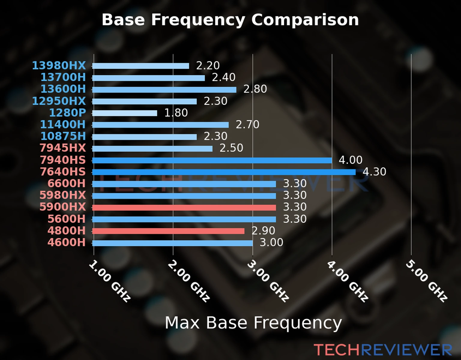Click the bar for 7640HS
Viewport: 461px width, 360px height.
point(224,172)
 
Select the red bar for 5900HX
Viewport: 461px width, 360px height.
point(184,208)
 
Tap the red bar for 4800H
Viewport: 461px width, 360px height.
point(168,231)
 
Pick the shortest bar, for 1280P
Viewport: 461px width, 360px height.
point(125,113)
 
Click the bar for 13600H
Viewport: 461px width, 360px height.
point(164,89)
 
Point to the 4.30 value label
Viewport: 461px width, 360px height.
point(374,172)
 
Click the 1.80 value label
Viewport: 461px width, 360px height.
point(176,113)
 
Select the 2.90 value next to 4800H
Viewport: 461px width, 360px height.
point(263,231)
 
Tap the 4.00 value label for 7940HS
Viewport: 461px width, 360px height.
point(351,160)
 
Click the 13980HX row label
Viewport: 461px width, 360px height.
point(59,65)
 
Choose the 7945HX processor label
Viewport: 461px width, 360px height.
point(63,148)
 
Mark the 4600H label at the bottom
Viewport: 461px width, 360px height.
point(67,242)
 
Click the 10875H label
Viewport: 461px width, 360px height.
point(63,136)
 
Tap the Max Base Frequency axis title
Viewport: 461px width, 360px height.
point(253,323)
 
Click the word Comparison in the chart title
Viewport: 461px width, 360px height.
point(305,20)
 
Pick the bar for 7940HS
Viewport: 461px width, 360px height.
point(212,160)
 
